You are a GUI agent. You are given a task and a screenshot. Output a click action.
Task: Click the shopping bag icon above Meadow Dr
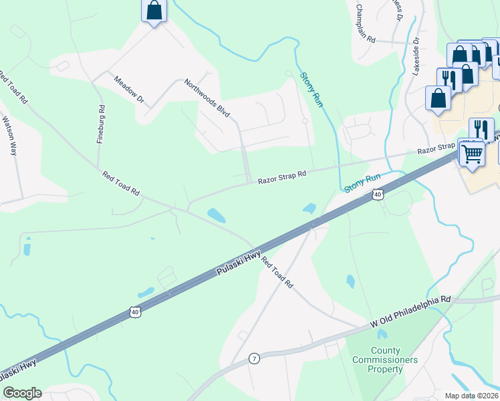coord(154,11)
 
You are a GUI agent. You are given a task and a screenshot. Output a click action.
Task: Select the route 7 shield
coord(253,358)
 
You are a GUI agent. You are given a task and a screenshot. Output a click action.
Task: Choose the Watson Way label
coord(9,136)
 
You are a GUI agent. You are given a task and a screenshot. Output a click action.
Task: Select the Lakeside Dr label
coord(416,56)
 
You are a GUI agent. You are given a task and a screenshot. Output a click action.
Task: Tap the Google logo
coord(21,393)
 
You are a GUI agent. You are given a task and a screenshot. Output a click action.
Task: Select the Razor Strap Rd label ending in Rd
coord(282,176)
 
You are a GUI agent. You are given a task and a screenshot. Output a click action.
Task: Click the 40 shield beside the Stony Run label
coord(378,194)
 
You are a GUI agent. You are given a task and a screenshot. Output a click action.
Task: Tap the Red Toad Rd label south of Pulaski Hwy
coord(277,273)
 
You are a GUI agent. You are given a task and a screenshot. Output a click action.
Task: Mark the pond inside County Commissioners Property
coord(382,333)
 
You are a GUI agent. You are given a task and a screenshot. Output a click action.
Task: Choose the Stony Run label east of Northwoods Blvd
coord(311,90)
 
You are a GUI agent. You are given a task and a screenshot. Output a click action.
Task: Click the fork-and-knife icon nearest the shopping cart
coord(481,129)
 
